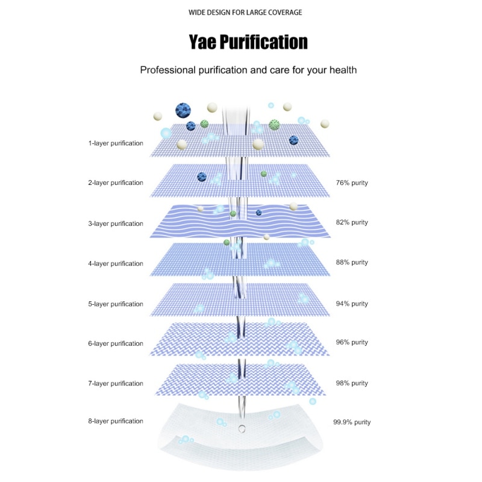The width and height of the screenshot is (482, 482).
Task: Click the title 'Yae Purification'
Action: (x=248, y=42)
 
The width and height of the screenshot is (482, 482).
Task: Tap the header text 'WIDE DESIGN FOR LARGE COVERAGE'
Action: (x=245, y=13)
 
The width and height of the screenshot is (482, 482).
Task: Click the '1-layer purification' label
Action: (x=116, y=143)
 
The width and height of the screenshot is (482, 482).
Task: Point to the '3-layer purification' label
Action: (x=116, y=224)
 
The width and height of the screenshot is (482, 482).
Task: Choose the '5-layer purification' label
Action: (x=116, y=304)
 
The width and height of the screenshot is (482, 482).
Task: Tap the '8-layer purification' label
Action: (x=116, y=421)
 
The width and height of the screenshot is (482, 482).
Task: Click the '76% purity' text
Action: (x=352, y=183)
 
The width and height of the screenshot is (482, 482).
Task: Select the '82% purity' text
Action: (x=352, y=222)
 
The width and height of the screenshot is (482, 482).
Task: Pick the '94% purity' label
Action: (x=352, y=304)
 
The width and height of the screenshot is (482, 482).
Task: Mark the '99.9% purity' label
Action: (x=352, y=422)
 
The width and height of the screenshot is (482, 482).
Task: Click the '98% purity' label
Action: (x=352, y=383)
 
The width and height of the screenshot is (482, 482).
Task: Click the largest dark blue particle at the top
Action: (x=183, y=110)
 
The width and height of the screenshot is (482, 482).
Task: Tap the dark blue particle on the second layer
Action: (x=202, y=177)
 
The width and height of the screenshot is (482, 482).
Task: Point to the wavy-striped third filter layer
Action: (x=240, y=221)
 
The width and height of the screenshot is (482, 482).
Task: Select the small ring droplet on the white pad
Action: (x=242, y=428)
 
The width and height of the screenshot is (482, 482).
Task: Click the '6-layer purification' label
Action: (x=116, y=343)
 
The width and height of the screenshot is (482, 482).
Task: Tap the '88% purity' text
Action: (x=352, y=263)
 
